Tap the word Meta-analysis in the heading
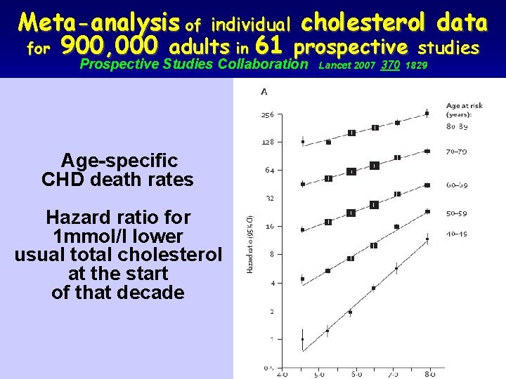[x=100, y=23]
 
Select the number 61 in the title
[x=271, y=48]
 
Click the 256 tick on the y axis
[x=267, y=114]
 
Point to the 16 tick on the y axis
[x=268, y=226]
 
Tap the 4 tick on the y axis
[x=271, y=283]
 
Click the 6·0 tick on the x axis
[x=356, y=375]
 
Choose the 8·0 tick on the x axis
[x=427, y=375]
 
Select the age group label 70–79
[x=458, y=152]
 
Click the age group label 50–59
[x=458, y=213]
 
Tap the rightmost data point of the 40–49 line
[x=427, y=239]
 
